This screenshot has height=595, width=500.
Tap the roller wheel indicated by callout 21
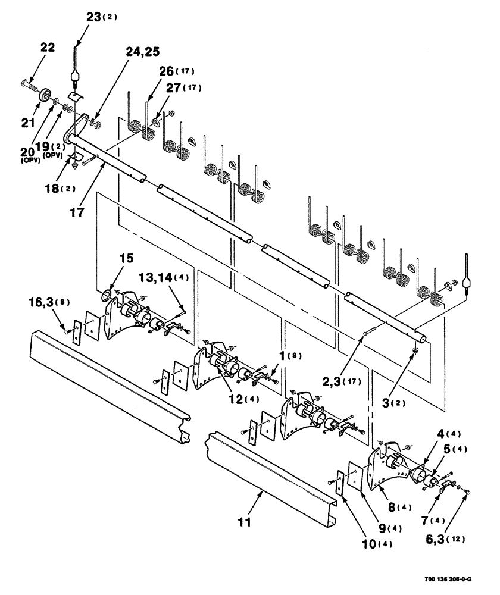[44, 96]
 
